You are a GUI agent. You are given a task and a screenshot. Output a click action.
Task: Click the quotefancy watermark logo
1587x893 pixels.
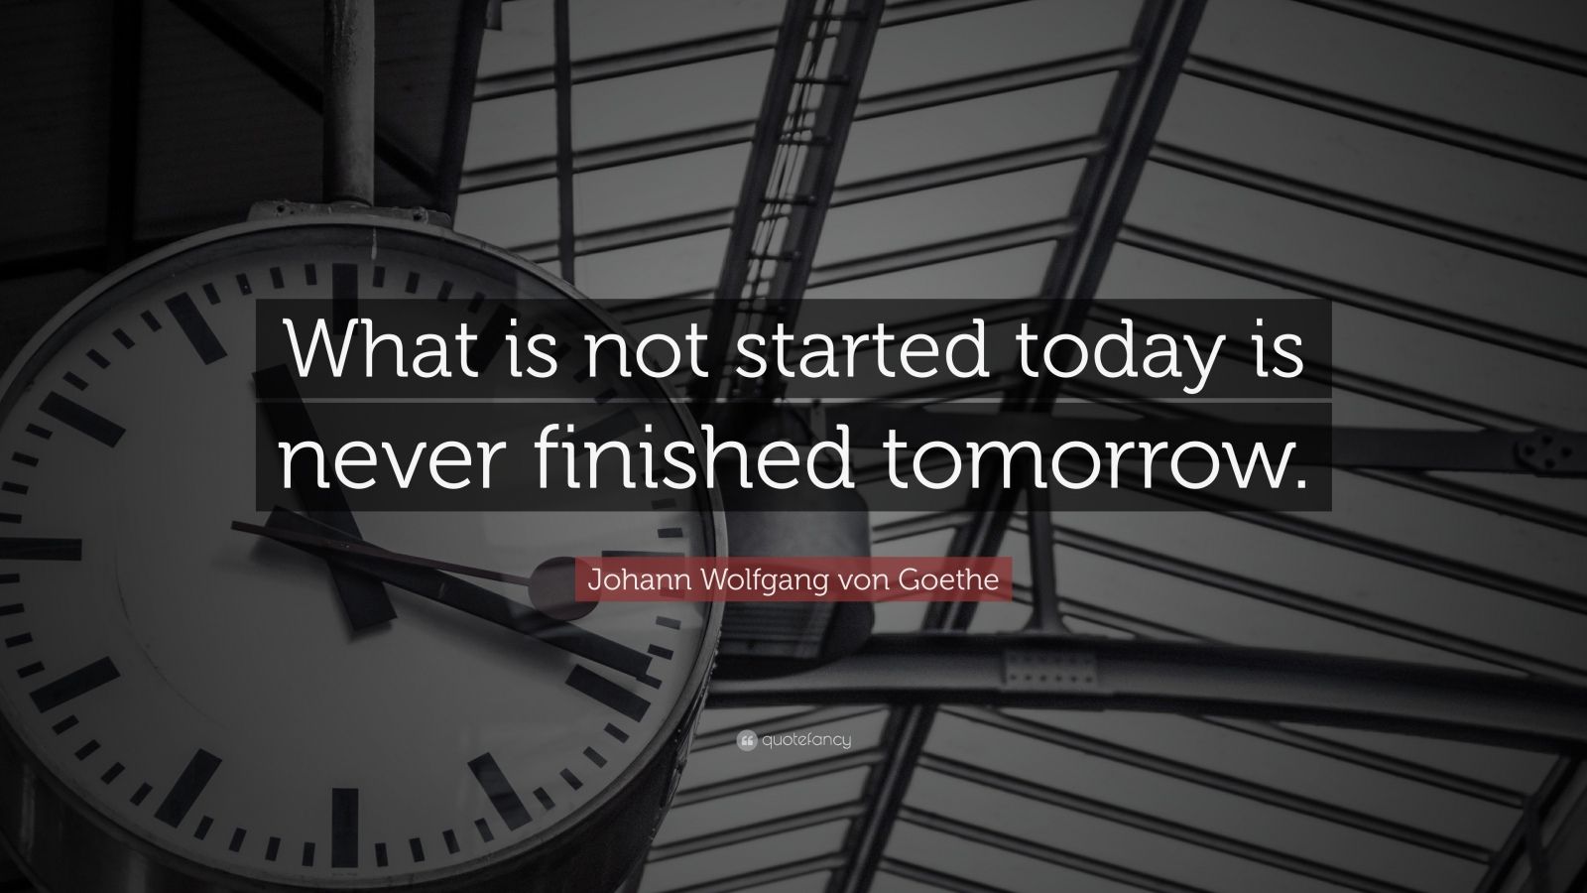point(793,738)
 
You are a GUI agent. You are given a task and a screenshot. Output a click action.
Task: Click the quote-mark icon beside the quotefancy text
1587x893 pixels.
point(747,738)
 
